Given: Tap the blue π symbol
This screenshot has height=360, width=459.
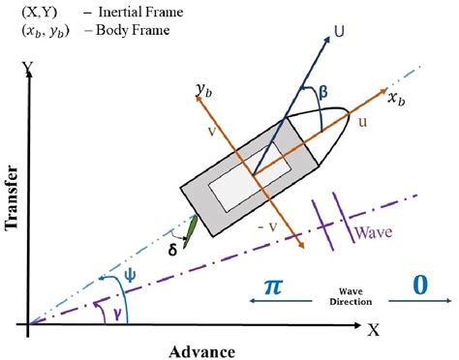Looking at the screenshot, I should pos(276,286).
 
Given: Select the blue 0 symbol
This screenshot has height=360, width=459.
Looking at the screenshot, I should pos(420,286).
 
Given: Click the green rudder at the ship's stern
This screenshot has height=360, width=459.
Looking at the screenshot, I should pos(193,229).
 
